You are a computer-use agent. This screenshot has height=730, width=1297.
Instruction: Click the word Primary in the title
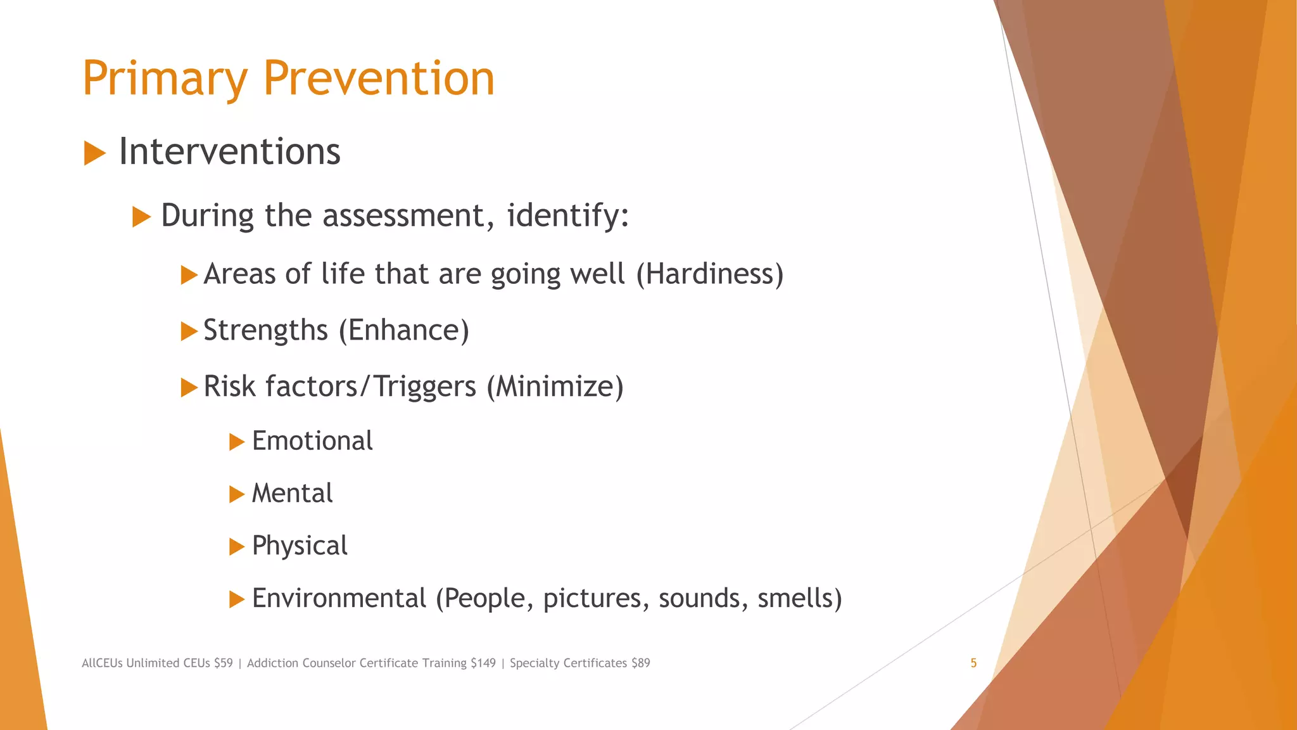pos(165,79)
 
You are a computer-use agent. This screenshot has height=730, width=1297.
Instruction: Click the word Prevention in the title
pos(378,79)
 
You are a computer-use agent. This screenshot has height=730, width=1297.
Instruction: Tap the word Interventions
pos(229,152)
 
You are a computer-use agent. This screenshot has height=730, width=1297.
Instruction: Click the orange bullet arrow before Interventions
pos(94,153)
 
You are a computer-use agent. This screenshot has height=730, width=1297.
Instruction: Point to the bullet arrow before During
pos(141,217)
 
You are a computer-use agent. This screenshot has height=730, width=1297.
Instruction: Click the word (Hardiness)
pos(709,274)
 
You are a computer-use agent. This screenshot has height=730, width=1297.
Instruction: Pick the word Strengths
pos(265,331)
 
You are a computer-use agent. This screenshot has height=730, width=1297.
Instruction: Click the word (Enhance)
pos(404,331)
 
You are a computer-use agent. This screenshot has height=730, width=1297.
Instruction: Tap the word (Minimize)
pos(555,387)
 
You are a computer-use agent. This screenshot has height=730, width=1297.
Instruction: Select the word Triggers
pos(424,387)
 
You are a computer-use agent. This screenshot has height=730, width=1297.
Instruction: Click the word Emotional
pos(312,441)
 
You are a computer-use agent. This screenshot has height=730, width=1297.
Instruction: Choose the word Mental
pos(292,494)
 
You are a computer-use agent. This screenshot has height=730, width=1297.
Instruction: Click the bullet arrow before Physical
pos(237,546)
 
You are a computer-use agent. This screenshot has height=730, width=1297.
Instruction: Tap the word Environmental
pos(339,598)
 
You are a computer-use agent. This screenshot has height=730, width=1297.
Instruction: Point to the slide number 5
pos(973,663)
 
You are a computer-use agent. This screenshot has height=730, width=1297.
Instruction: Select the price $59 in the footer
pos(223,663)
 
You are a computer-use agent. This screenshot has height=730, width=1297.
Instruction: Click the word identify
pos(567,215)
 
